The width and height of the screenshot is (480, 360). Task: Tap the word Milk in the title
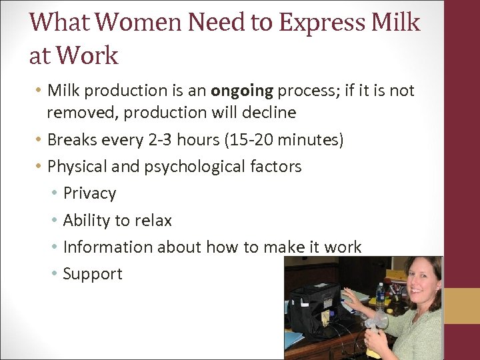pos(395,23)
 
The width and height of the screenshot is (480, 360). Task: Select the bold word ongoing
pos(240,91)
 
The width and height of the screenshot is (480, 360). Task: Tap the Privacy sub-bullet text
pos(89,193)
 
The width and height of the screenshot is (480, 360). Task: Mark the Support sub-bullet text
pos(93,274)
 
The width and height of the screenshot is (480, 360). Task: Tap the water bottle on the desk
pos(379,297)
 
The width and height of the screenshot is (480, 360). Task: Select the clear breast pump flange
pos(375,322)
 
